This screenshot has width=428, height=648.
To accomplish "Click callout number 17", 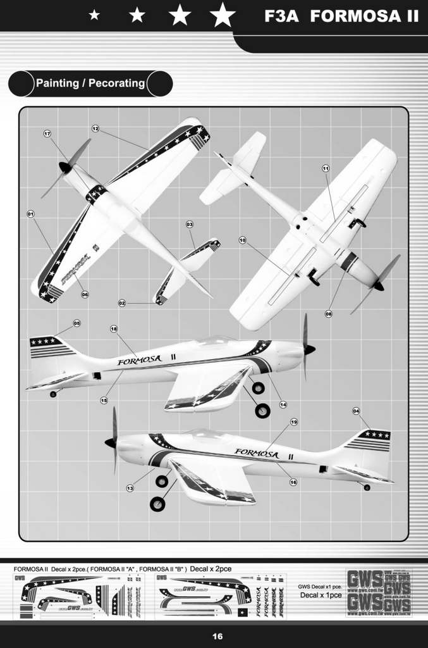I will tap(47, 133).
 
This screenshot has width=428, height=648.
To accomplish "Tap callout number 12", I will tap(95, 128).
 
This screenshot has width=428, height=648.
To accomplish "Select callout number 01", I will tap(30, 214).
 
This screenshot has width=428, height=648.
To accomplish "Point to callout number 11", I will tap(326, 168).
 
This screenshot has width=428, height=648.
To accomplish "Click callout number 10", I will tap(242, 240).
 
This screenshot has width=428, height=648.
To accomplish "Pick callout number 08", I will tap(328, 313).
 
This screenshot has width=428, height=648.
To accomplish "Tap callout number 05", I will tap(76, 323).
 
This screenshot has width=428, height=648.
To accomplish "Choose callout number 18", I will tap(114, 328).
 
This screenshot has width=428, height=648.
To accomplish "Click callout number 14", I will tap(283, 404).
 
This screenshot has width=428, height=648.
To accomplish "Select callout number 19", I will tap(293, 421).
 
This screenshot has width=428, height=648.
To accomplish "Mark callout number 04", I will tap(356, 411).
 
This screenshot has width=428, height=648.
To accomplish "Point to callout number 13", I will tap(130, 488).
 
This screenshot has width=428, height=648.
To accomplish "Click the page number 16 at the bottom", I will tap(217, 637).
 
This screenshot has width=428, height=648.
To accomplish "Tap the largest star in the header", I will tap(222, 15).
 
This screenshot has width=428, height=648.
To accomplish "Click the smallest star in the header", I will tap(94, 15).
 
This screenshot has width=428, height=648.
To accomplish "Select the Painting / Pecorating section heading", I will tap(90, 84).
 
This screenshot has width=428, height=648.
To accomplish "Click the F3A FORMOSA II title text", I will tap(341, 16).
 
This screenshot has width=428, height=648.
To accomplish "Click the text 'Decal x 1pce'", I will tap(321, 595).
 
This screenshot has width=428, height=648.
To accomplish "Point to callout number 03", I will tap(189, 225).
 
